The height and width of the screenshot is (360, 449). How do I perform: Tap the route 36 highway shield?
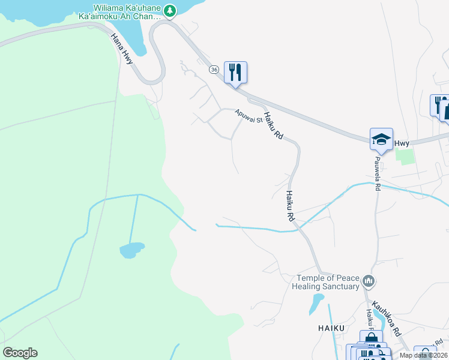click(214, 70)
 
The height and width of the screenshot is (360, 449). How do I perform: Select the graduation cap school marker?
click(381, 140)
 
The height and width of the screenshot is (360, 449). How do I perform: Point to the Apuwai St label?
click(249, 115)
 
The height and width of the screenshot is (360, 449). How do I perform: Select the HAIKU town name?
click(331, 328)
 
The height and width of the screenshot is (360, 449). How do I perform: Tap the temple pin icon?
click(369, 280)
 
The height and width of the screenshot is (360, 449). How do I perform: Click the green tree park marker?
click(170, 10)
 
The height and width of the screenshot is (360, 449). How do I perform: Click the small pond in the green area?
click(131, 250)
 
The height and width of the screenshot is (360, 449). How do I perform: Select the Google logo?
click(20, 352)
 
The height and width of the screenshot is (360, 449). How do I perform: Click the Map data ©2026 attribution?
click(423, 355)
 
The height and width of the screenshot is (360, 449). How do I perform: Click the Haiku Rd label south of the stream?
click(291, 207)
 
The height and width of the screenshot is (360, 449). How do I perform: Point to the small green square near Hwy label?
click(405, 156)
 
